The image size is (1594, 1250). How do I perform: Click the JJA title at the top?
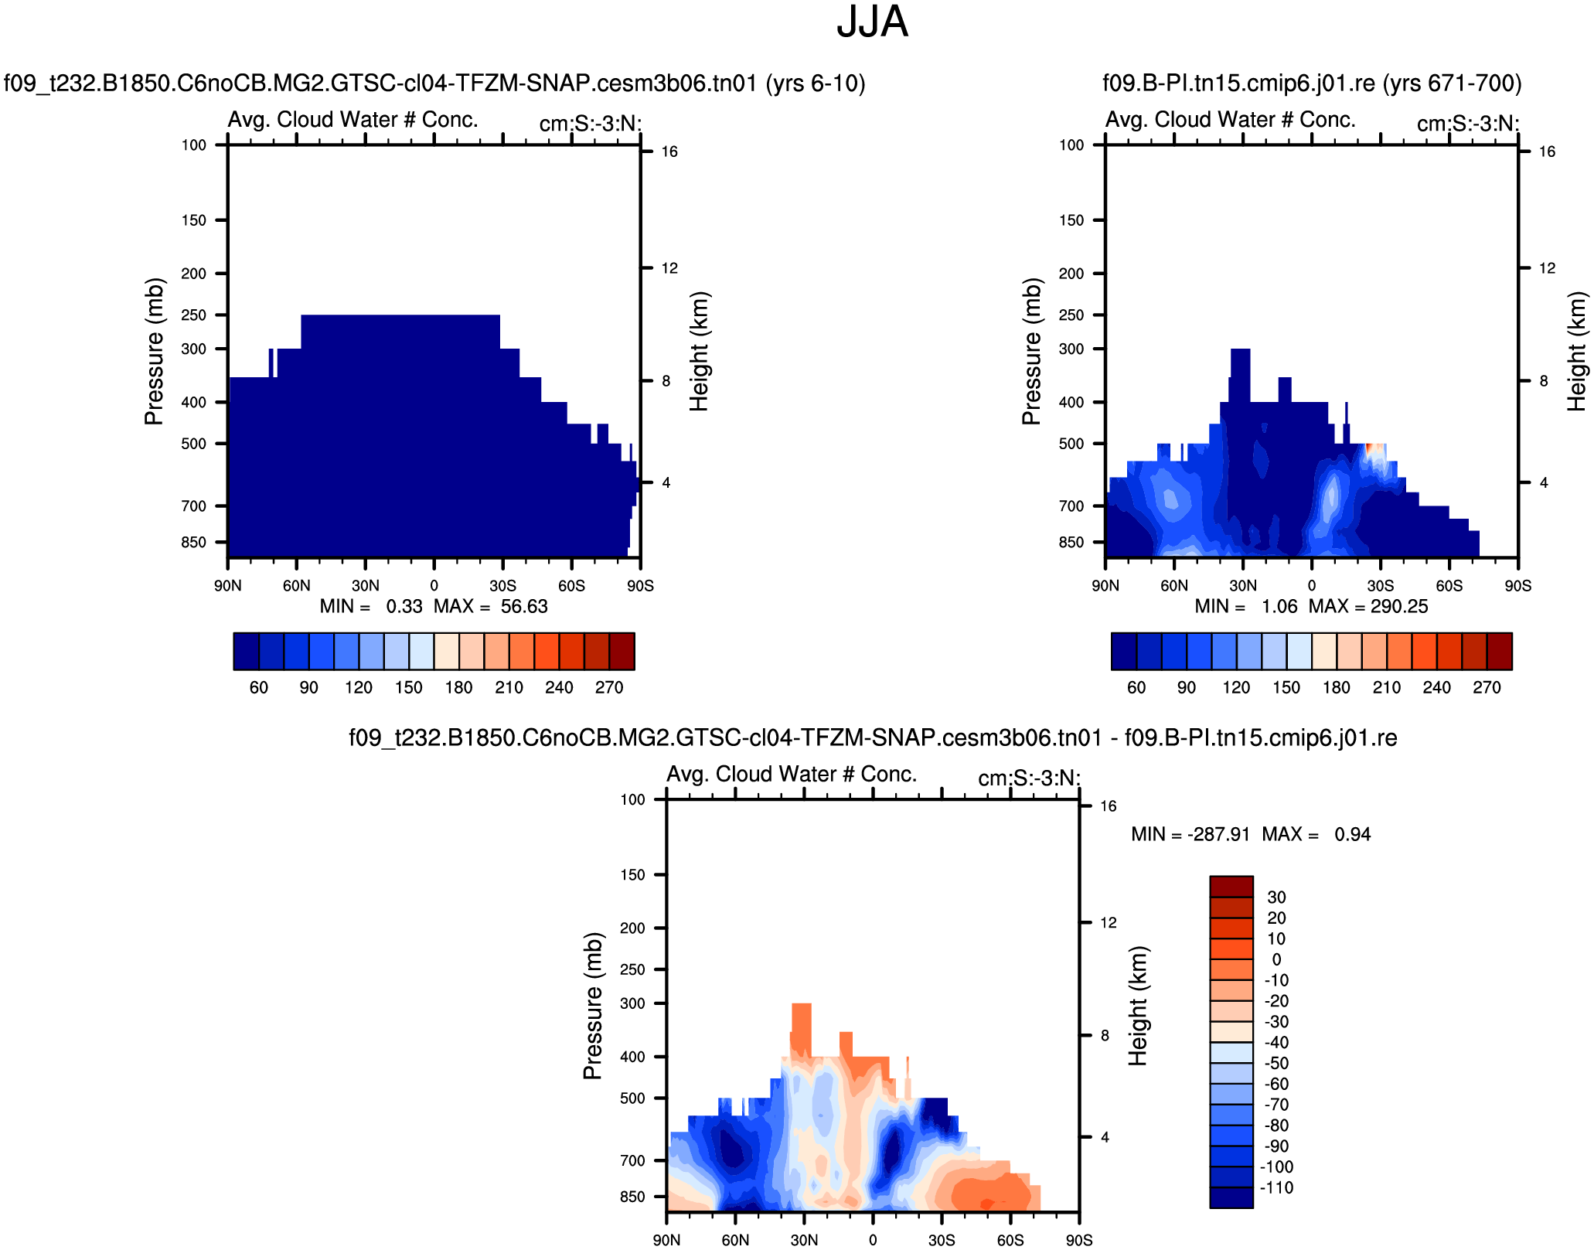872,22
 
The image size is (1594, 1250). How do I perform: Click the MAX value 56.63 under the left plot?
523,607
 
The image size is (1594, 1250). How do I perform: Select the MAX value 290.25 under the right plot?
1399,607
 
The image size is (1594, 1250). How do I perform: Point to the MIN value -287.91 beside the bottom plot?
1218,835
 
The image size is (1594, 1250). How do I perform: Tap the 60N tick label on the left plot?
296,586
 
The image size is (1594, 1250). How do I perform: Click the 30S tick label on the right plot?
1380,586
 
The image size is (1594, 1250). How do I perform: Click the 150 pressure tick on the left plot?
194,220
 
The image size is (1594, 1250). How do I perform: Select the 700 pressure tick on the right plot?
1071,506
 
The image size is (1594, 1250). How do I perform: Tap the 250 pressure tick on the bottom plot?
632,969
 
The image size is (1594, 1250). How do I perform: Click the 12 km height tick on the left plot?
669,268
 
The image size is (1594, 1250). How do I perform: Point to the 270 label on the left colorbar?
609,688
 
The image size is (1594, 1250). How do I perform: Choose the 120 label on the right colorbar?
1236,688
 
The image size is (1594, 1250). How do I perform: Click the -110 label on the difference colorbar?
1276,1188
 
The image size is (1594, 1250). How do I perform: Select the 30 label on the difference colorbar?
1276,897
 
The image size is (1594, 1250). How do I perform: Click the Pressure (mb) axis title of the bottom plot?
592,1006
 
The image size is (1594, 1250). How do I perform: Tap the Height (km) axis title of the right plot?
1577,351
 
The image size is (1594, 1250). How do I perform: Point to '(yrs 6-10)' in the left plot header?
816,83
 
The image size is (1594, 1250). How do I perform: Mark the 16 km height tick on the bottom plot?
1109,806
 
